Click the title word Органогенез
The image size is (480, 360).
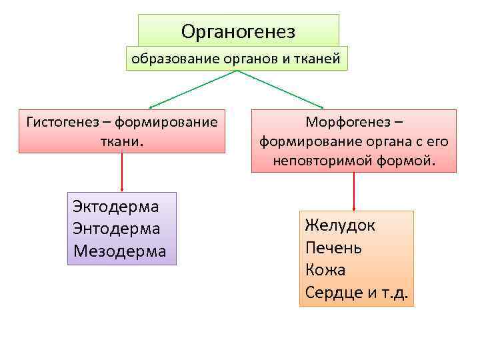[238, 31]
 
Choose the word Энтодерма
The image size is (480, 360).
[117, 228]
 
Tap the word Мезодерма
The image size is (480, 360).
[120, 251]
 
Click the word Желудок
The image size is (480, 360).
[340, 225]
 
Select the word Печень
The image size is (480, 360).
[333, 247]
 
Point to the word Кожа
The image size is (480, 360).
[325, 270]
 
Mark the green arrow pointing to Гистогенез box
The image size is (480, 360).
[193, 89]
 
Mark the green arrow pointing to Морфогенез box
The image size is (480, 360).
[280, 89]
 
